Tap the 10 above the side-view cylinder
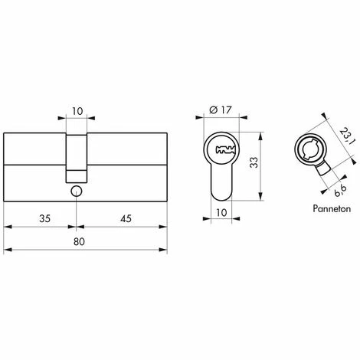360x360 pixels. point(76,110)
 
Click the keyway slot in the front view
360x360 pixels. point(222,147)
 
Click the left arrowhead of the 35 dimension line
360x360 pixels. point(8,227)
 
